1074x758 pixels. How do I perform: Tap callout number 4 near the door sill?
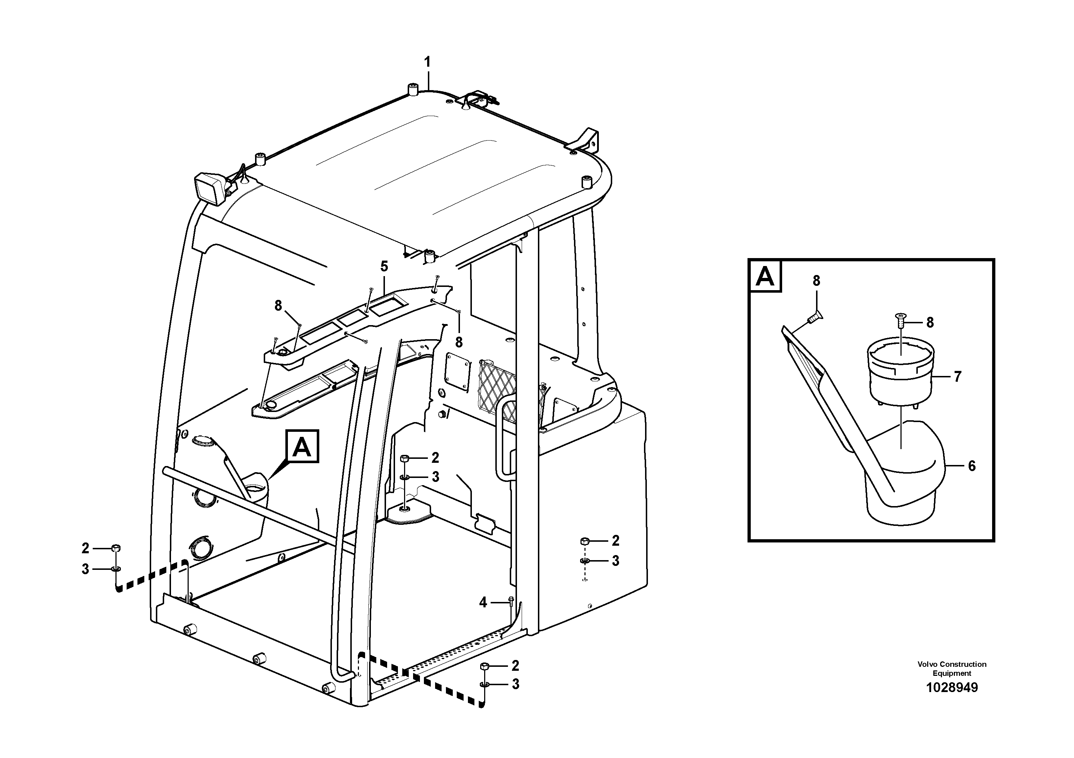click(483, 603)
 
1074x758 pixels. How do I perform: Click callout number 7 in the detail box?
click(957, 376)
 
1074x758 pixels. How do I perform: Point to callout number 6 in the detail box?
click(972, 466)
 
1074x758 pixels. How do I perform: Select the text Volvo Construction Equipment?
click(951, 669)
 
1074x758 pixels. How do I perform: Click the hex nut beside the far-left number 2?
click(116, 548)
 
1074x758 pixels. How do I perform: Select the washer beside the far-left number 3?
click(115, 569)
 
